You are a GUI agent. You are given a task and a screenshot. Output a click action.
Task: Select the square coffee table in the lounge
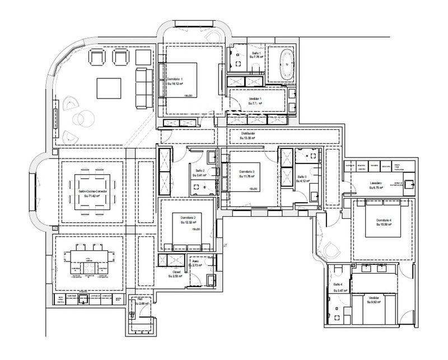click(109, 88)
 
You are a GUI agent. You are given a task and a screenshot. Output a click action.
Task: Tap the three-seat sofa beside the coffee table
click(141, 88)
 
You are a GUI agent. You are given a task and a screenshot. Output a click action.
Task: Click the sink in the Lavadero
click(408, 183)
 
